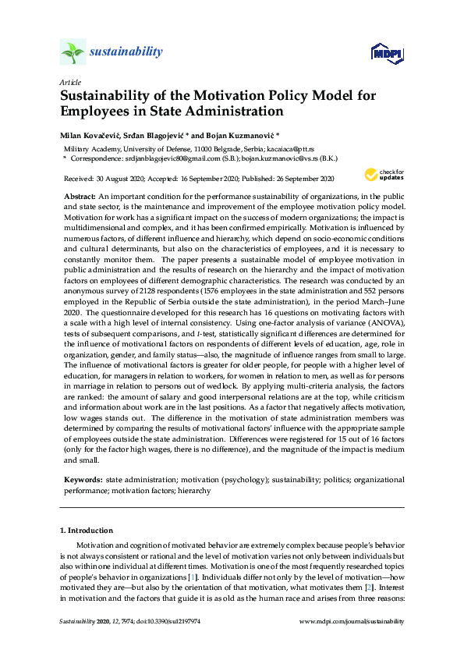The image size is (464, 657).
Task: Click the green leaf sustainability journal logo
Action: (73, 52)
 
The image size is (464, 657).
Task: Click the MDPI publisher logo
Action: (385, 54)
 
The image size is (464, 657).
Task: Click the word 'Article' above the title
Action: (69, 82)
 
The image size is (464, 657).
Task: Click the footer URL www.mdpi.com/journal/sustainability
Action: (352, 621)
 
